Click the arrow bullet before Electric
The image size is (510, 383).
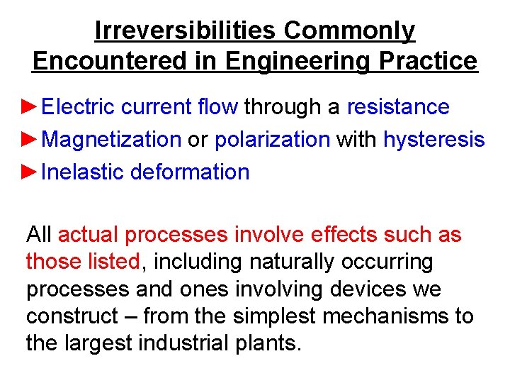coord(32,107)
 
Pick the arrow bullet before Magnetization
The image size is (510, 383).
coord(32,140)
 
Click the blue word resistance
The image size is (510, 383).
coord(398,107)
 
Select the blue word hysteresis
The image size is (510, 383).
coord(433,140)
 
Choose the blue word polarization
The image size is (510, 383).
coord(273,140)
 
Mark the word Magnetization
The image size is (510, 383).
coord(112,140)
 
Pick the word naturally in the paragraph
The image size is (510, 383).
coord(291,262)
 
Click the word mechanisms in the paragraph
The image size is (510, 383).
coord(385,316)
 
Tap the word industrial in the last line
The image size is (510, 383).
coord(174,343)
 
